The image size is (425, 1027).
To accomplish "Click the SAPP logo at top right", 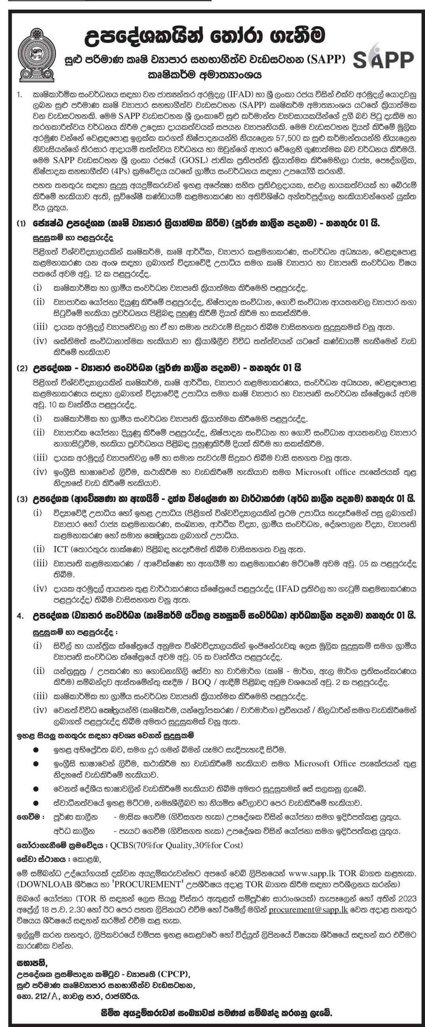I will click(x=383, y=59).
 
